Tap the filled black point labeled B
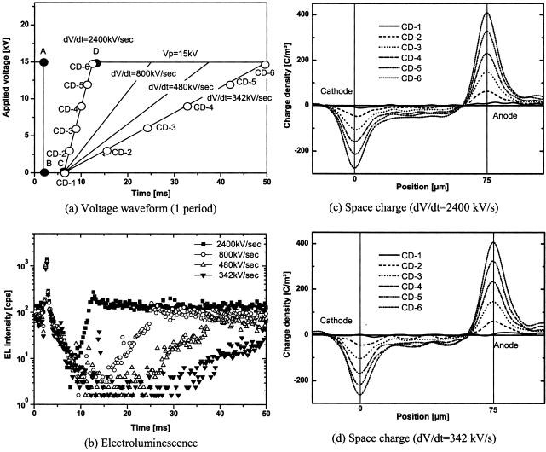pos(44,172)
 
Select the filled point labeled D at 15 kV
pos(97,62)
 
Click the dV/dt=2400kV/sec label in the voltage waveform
pos(105,38)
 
